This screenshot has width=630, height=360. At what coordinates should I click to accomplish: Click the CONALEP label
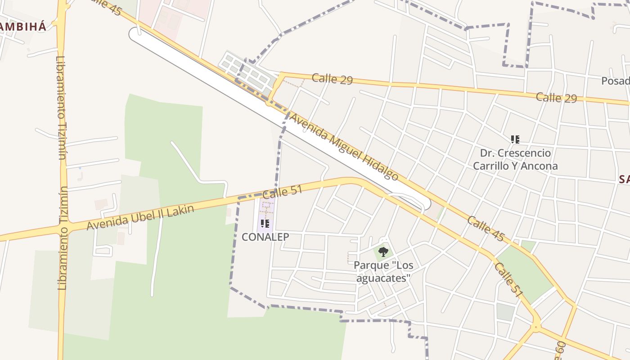265,237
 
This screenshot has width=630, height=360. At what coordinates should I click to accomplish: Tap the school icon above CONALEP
265,223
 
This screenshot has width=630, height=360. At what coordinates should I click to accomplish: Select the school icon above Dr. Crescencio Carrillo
515,139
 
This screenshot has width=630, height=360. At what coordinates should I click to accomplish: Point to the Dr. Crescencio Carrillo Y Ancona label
515,159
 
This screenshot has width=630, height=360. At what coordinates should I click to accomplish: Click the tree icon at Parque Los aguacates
383,252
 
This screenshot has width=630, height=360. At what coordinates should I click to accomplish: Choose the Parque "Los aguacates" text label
383,272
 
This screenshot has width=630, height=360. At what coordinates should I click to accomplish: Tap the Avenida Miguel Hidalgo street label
344,146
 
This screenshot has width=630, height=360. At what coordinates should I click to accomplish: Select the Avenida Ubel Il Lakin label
140,217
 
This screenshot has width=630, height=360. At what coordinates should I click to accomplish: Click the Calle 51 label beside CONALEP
282,192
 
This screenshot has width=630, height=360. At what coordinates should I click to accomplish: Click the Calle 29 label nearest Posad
556,98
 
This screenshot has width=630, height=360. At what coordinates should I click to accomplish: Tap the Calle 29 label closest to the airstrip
332,78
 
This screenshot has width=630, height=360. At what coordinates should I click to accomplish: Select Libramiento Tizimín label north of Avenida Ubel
62,108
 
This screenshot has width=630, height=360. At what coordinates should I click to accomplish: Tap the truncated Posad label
615,81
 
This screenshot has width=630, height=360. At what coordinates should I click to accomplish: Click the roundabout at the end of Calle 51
535,327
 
